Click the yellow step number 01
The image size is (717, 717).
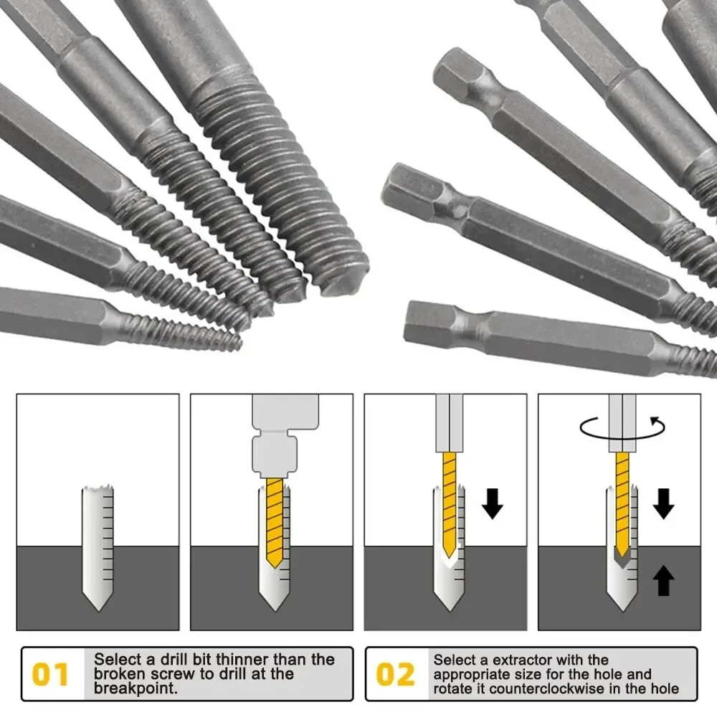pyautogui.click(x=52, y=675)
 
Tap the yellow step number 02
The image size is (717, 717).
pyautogui.click(x=396, y=675)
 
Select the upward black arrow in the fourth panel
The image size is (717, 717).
pyautogui.click(x=665, y=581)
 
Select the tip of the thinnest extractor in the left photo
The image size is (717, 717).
pyautogui.click(x=234, y=343)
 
